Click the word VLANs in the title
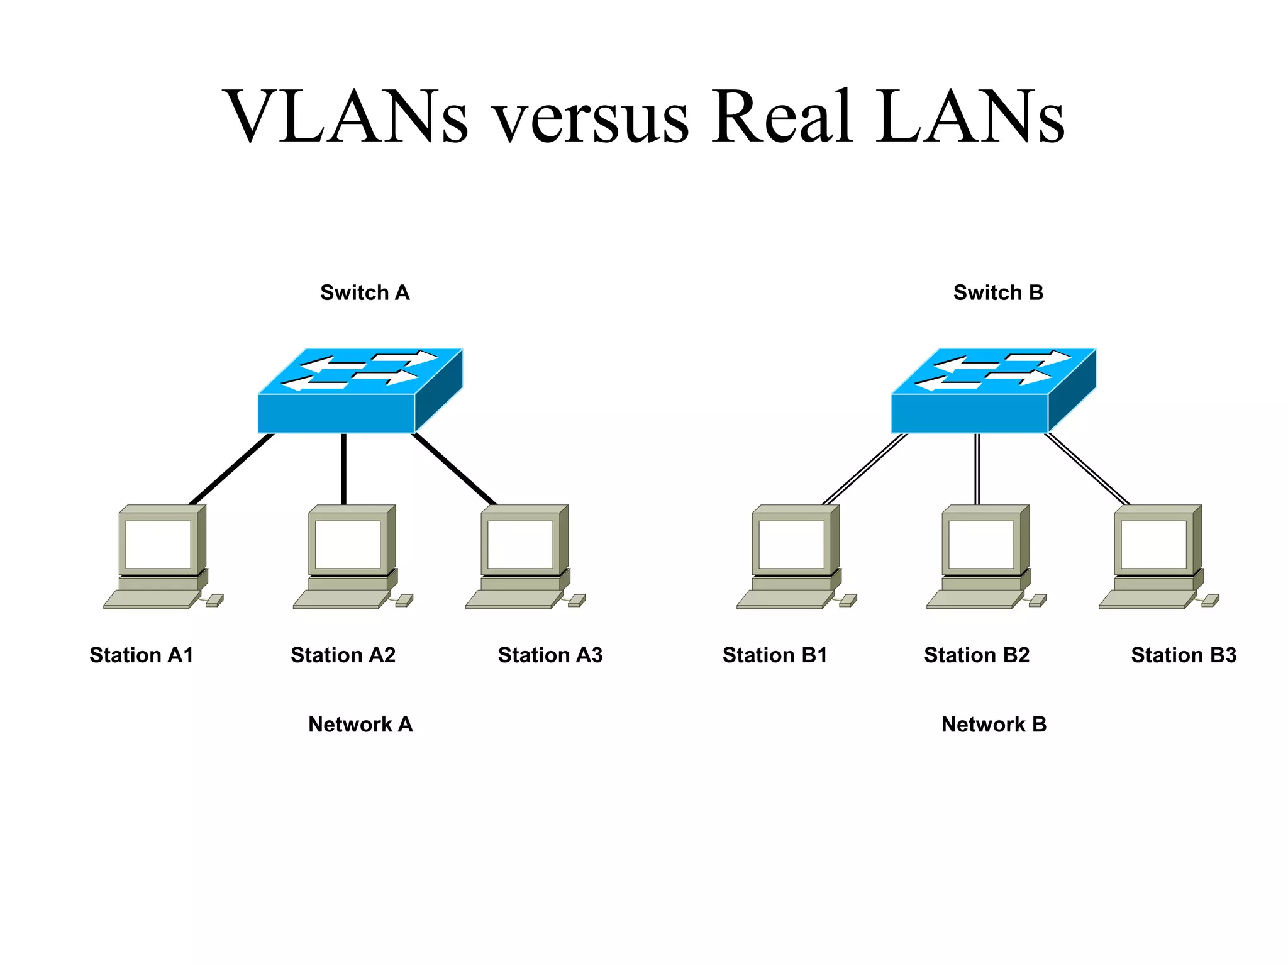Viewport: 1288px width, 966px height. (345, 116)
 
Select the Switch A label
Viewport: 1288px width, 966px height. (365, 292)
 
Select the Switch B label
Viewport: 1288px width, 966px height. (998, 292)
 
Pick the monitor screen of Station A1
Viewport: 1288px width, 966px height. (158, 544)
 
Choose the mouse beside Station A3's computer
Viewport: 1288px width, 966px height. (577, 601)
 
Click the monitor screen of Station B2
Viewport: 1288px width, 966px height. (981, 544)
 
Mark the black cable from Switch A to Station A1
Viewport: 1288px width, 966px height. (231, 469)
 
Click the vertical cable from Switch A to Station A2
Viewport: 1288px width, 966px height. (343, 469)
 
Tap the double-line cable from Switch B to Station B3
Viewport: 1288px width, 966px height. (1088, 469)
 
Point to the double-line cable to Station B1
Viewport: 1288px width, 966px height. (865, 469)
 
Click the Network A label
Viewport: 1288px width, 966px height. (360, 724)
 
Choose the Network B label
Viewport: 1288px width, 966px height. (994, 724)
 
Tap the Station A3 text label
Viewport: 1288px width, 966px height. (550, 655)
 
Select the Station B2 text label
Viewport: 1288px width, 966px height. (977, 655)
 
